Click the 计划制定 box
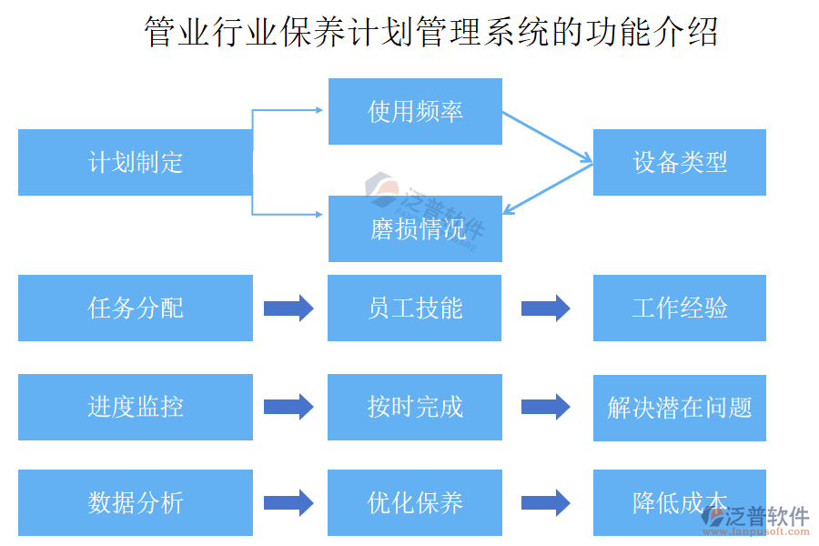[135, 162]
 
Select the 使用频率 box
[415, 111]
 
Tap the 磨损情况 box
[415, 228]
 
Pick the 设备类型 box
[679, 162]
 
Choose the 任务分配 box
[135, 308]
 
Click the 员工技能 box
[415, 308]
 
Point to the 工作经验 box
[679, 308]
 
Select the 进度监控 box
[135, 407]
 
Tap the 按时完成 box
[415, 407]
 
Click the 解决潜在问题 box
[679, 407]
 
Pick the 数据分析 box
[135, 502]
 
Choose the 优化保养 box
[415, 502]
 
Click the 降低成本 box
[679, 502]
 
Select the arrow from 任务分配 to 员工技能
[288, 308]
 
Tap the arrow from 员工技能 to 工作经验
[546, 308]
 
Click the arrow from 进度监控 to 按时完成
[288, 407]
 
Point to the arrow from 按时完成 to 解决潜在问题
[546, 407]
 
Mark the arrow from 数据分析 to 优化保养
[288, 502]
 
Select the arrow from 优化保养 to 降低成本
[546, 502]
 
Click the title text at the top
[431, 33]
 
